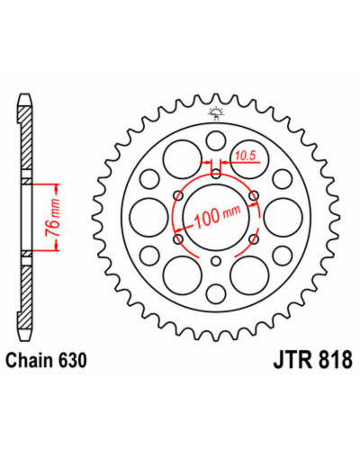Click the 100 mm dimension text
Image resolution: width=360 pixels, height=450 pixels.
(x=217, y=215)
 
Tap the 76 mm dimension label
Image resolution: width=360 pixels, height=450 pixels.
(x=52, y=217)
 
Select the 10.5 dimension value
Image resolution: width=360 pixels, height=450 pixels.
(x=245, y=156)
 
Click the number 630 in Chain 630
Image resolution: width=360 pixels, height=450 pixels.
(x=72, y=360)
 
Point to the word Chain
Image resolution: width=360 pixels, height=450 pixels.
(x=30, y=360)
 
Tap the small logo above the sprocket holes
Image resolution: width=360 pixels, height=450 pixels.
(x=216, y=113)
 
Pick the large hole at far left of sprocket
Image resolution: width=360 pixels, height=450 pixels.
(x=149, y=217)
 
